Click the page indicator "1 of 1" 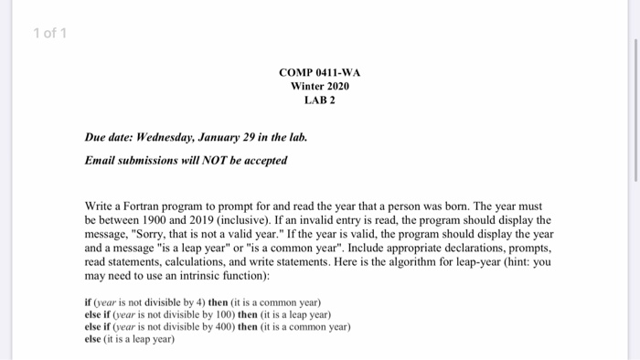click(49, 35)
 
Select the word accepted click(263, 161)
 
